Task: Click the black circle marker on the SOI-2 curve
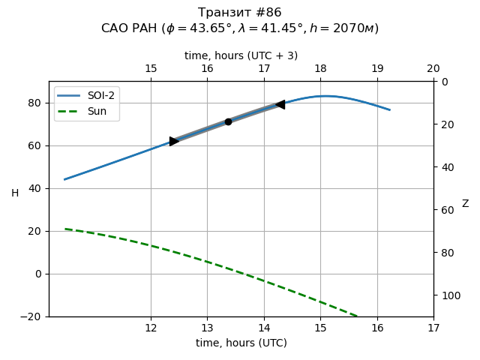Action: [228, 121]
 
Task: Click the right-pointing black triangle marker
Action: [174, 141]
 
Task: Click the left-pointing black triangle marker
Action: [280, 104]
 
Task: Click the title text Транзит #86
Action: [240, 13]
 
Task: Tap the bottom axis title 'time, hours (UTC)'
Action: [241, 343]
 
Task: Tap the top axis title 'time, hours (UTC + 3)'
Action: [241, 55]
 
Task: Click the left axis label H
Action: [15, 193]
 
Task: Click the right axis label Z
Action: [465, 204]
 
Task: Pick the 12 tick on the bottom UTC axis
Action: [151, 328]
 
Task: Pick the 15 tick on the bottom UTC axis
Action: [320, 328]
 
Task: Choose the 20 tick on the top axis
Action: [433, 69]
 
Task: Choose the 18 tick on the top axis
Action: [320, 69]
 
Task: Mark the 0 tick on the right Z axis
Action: [442, 81]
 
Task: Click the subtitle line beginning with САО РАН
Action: [240, 28]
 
